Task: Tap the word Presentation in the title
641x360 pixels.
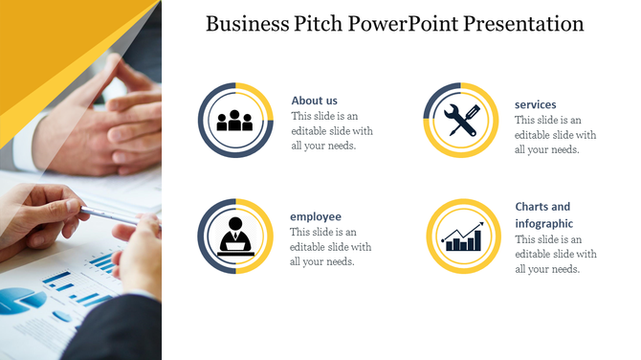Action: (523, 24)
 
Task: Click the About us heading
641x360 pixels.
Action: (314, 101)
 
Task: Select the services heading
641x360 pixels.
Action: (535, 104)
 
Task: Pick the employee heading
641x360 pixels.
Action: (316, 216)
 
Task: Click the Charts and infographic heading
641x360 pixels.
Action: (542, 215)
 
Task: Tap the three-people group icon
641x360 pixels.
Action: (235, 121)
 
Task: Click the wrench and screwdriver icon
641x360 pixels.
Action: (461, 121)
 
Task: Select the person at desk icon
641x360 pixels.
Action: (235, 236)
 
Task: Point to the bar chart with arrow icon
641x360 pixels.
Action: (461, 236)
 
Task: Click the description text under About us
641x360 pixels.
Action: (331, 131)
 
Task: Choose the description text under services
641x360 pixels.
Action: (555, 135)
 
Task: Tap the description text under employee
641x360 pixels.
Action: (331, 247)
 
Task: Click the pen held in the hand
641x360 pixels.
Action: (109, 214)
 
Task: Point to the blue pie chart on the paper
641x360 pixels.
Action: (21, 302)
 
